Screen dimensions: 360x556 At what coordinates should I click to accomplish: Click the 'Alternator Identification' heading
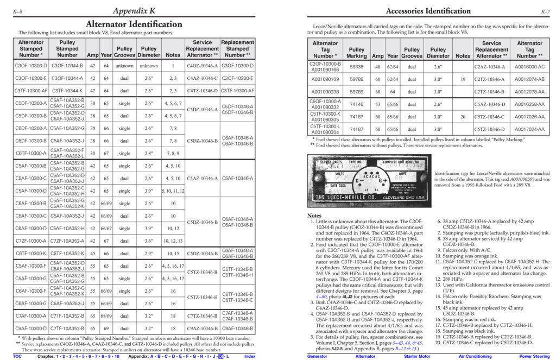pos(134,24)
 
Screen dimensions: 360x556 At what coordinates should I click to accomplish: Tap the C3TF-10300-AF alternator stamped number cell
pos(31,91)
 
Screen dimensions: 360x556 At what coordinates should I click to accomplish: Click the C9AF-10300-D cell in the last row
pos(31,328)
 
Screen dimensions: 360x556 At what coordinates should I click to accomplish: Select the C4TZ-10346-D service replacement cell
pos(202,91)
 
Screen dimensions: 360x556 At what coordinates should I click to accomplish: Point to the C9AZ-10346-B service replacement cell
pos(202,328)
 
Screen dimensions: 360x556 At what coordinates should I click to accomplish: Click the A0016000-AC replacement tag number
pos(529,67)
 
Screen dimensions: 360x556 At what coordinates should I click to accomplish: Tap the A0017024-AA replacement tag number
pos(529,129)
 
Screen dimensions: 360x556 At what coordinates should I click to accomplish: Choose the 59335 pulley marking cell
pos(356,67)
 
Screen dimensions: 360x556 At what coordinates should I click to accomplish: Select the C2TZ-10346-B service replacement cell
pos(491,92)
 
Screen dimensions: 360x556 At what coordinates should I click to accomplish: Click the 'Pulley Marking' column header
pos(356,53)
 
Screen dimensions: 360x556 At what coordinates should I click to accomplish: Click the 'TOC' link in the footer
pos(17,356)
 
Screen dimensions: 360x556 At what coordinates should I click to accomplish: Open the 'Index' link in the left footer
pos(250,356)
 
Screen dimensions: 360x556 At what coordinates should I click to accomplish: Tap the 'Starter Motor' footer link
pos(418,356)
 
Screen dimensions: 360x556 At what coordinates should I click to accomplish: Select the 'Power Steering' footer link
pos(535,356)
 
